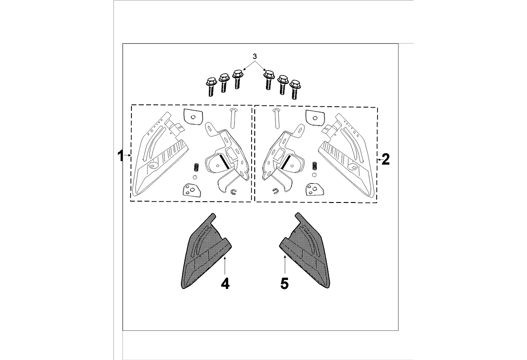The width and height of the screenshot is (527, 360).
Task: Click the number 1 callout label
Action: coord(120,156)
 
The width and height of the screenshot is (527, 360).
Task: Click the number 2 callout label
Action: coord(385,159)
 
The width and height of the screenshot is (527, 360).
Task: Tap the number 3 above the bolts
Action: coord(255,57)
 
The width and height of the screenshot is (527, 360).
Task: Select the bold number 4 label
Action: coord(225,283)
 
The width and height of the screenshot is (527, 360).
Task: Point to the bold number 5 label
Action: coord(284,283)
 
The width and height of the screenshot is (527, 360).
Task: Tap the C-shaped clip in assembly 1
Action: coord(233,193)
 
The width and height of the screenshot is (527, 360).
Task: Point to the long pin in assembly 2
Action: coord(276,118)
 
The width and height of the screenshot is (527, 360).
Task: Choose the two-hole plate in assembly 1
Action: coord(191,190)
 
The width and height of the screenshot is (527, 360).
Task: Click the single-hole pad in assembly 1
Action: coord(192,117)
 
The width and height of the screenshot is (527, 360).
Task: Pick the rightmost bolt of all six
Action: coord(295,89)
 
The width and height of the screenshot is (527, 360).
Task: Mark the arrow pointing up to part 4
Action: coord(224,264)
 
